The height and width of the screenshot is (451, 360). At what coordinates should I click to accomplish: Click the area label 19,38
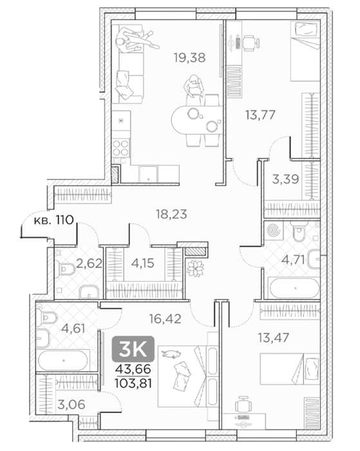coord(189,58)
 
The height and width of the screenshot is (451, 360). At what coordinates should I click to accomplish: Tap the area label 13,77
coord(260,115)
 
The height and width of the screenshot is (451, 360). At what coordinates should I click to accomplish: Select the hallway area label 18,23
coord(171,214)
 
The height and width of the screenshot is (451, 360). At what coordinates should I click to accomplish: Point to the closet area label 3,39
coord(285,179)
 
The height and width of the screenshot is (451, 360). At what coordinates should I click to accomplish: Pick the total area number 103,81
coord(133,383)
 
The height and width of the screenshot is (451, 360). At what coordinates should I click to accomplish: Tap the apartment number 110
coord(65,220)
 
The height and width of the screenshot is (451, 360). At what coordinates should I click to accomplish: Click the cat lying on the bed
coord(171,354)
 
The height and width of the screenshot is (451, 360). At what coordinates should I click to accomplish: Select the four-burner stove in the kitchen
coord(121,148)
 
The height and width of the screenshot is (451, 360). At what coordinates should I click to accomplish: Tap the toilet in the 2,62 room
coord(65,269)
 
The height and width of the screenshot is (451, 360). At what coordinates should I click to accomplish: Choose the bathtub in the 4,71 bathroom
coord(293,287)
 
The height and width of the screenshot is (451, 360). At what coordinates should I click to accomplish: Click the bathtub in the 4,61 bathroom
coord(64,360)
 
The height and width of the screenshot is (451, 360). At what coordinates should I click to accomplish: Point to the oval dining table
coord(197,120)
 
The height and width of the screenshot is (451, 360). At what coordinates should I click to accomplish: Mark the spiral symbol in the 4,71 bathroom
coord(274,231)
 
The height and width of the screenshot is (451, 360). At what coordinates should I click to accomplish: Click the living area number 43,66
coord(133,369)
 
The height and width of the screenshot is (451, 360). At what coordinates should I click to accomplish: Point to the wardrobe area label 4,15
coord(142,263)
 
